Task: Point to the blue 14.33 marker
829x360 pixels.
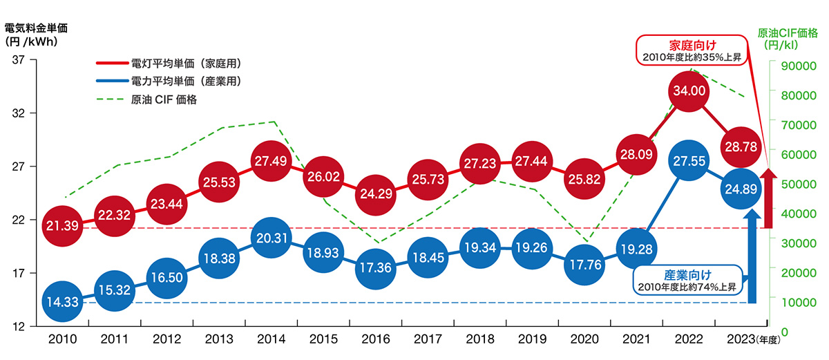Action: pos(62,301)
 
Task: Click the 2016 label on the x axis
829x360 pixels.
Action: pos(376,340)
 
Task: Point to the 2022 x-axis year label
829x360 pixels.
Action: pos(689,340)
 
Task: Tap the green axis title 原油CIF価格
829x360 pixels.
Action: pos(788,32)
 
